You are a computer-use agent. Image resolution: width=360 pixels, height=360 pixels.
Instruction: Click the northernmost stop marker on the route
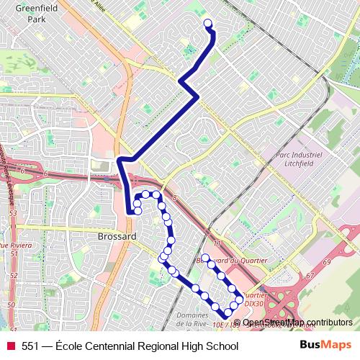point(209,24)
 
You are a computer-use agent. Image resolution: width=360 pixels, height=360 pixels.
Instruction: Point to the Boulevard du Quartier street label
point(232,260)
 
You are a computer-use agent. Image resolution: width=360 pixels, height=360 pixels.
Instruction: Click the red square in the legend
point(11,346)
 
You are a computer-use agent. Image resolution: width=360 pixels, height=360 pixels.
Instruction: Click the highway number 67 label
point(310,275)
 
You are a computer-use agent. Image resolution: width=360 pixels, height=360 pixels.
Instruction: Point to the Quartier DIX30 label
point(256,300)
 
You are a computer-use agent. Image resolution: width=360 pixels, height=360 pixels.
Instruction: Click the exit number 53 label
point(13,213)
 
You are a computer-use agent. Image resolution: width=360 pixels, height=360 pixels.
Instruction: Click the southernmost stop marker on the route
point(227,312)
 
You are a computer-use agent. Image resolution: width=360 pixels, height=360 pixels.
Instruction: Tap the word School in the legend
point(222,346)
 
